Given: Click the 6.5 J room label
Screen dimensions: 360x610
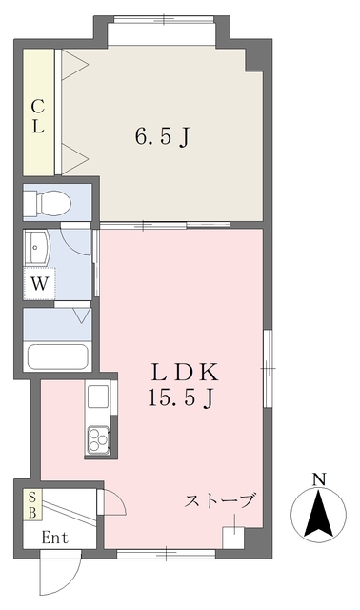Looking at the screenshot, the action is click(163, 137).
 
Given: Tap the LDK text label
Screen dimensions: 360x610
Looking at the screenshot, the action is click(184, 373).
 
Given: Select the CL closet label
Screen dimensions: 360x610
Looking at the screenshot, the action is click(37, 116).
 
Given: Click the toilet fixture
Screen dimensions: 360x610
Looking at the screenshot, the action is click(47, 203).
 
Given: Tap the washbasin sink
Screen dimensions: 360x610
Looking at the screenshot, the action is click(36, 248).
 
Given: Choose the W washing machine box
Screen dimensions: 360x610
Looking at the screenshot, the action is click(39, 284).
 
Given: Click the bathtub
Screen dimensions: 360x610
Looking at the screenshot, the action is click(57, 356).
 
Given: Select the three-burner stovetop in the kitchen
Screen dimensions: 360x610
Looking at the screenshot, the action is click(98, 439).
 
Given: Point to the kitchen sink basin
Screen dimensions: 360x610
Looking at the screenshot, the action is click(98, 396).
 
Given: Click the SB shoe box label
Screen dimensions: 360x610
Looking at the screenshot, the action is click(32, 505).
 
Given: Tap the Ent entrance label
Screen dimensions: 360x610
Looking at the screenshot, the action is click(55, 538).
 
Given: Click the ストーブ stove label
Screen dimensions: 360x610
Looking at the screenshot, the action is click(220, 500).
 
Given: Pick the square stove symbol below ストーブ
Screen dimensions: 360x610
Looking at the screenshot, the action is click(233, 538).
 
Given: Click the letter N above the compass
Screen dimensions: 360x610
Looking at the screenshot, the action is click(319, 479).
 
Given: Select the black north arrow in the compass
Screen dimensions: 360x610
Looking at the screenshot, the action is click(319, 515).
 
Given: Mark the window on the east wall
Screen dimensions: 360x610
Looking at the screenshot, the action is click(268, 368).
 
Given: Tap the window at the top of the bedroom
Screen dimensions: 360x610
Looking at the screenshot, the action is click(164, 19).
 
